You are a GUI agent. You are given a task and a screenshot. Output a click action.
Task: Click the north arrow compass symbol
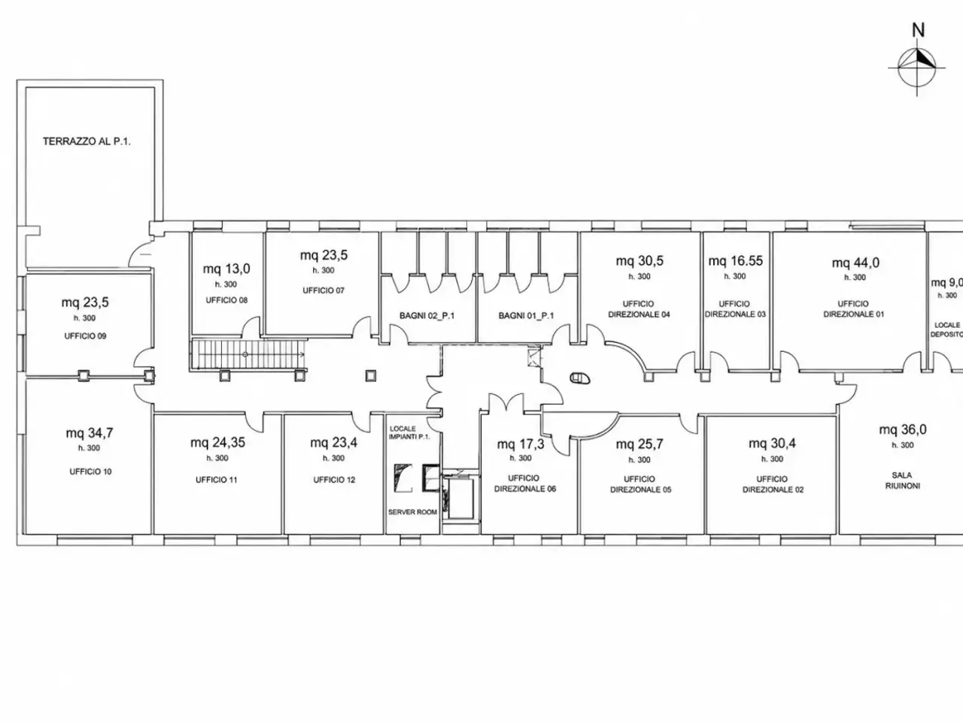(916, 68)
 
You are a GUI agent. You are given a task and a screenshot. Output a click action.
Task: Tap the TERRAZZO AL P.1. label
(87, 141)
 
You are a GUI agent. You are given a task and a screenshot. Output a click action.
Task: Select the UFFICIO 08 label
(226, 300)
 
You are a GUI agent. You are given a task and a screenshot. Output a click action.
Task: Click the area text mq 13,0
(226, 268)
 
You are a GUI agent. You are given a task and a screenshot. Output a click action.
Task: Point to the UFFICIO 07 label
(324, 290)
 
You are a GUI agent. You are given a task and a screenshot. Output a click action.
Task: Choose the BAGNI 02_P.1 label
(427, 316)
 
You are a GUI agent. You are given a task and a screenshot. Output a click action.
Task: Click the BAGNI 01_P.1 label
(526, 316)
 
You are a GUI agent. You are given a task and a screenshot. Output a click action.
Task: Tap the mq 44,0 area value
(855, 262)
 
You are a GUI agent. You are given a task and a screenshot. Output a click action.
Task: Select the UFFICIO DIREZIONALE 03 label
(735, 309)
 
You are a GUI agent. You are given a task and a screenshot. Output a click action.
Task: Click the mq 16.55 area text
(735, 261)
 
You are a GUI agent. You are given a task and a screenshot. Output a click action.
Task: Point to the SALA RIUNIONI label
(902, 481)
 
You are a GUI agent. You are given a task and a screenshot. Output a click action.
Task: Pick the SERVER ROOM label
(412, 512)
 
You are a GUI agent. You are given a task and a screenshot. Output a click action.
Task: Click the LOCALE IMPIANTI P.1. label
(409, 432)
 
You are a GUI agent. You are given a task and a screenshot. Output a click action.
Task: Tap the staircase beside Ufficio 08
(249, 354)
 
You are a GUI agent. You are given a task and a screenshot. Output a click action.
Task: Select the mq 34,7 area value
(90, 433)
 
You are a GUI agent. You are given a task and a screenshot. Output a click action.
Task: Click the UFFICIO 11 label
(216, 480)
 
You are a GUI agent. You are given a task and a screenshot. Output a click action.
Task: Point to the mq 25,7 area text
(639, 444)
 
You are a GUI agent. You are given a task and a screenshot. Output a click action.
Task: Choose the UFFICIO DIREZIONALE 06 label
(525, 484)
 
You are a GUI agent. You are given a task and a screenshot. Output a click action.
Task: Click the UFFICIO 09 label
(85, 336)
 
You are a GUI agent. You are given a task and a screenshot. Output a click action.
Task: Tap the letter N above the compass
(918, 30)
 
